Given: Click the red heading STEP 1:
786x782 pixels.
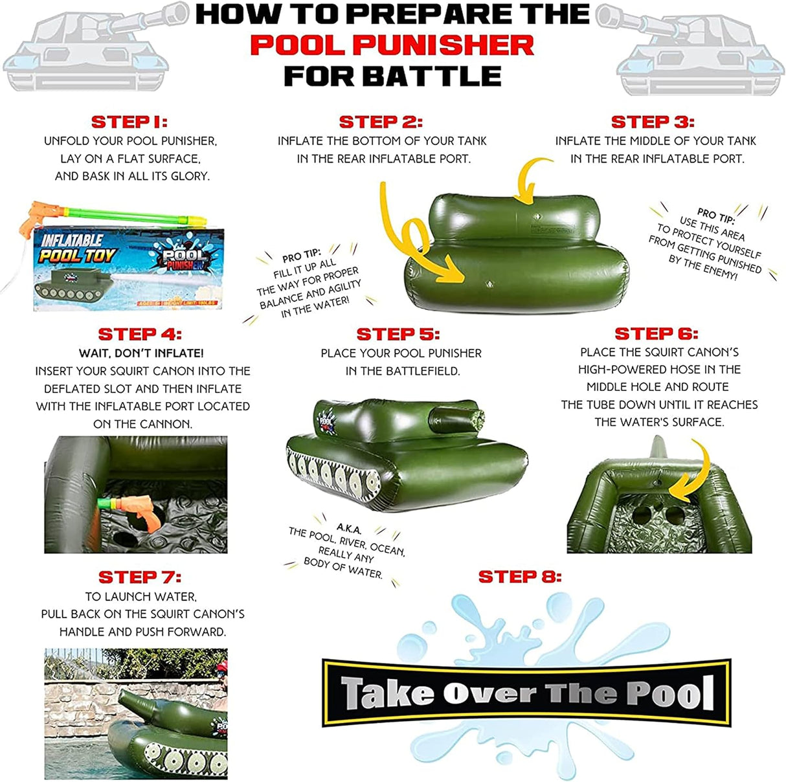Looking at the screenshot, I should [129, 122].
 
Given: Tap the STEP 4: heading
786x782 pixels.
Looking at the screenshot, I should [140, 334].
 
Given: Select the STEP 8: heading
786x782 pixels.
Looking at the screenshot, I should [520, 576].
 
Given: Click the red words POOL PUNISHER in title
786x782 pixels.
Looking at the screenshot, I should [392, 45].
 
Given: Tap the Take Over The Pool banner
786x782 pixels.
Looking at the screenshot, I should [527, 692].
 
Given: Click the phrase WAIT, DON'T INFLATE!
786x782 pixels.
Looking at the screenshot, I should [142, 353].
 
